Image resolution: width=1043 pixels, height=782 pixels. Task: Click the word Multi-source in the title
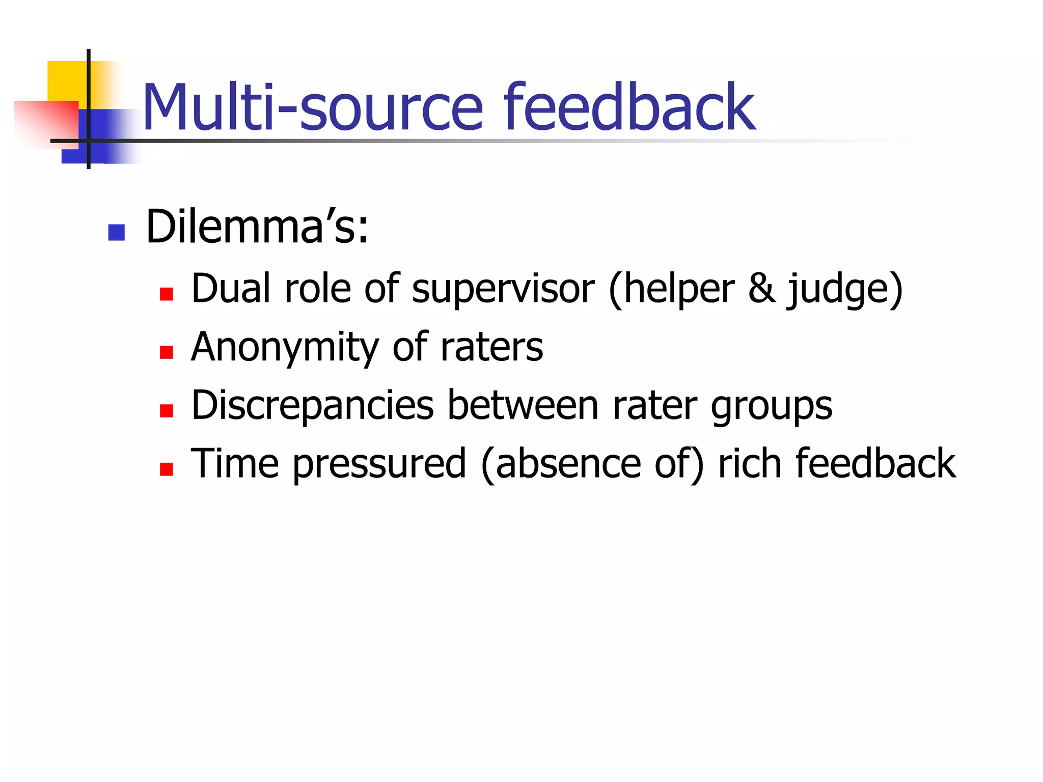[312, 108]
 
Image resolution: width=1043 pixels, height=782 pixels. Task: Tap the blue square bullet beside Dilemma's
[117, 233]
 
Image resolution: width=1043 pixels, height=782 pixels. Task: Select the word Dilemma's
[257, 227]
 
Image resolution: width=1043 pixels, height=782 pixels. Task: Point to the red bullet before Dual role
[167, 294]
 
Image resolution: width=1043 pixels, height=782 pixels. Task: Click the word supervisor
[503, 289]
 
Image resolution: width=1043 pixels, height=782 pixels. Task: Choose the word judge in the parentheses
[839, 289]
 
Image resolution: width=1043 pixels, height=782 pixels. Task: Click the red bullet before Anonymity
[167, 352]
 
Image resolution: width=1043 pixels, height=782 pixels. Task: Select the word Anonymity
[285, 347]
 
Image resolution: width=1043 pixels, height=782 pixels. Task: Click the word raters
[491, 347]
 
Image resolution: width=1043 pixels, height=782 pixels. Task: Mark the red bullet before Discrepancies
[167, 410]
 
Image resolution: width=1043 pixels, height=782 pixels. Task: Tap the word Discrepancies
[312, 405]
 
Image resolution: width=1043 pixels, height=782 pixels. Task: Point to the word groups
[771, 406]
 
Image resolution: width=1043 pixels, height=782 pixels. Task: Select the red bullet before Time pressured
[167, 469]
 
